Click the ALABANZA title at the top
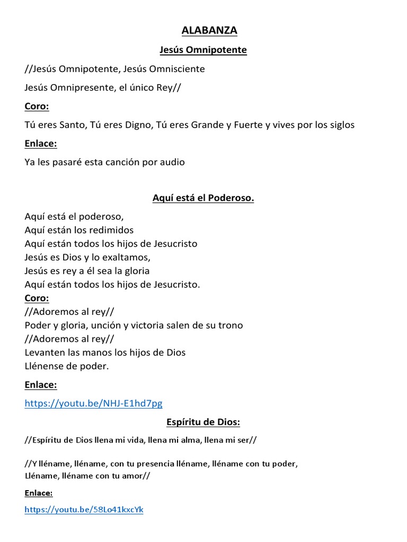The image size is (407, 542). [x=209, y=31]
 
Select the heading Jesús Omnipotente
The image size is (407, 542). [x=203, y=50]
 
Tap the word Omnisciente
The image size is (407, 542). [x=178, y=69]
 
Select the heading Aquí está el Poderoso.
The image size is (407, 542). [x=203, y=198]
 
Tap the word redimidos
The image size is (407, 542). [x=111, y=230]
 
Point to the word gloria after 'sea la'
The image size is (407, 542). [x=136, y=270]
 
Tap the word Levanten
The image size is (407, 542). [x=45, y=352]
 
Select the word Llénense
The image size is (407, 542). [x=45, y=366]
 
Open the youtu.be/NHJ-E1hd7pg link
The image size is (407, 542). [x=93, y=403]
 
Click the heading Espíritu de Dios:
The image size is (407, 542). [x=203, y=422]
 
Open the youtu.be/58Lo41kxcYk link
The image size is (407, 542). [x=84, y=510]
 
